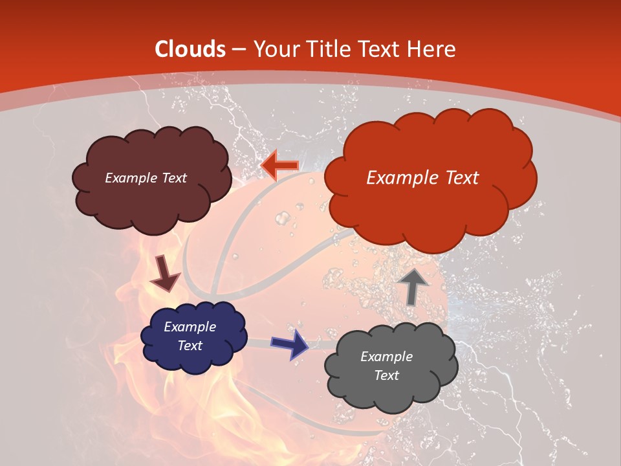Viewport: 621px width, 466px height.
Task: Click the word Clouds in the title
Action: (191, 49)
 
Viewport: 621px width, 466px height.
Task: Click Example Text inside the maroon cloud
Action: (146, 178)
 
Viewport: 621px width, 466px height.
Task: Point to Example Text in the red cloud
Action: (422, 178)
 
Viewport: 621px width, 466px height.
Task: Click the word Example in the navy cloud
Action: (190, 327)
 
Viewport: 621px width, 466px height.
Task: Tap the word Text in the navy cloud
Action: (190, 346)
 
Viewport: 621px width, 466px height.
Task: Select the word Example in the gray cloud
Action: (386, 357)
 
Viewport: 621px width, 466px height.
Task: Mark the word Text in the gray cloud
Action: (386, 375)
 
